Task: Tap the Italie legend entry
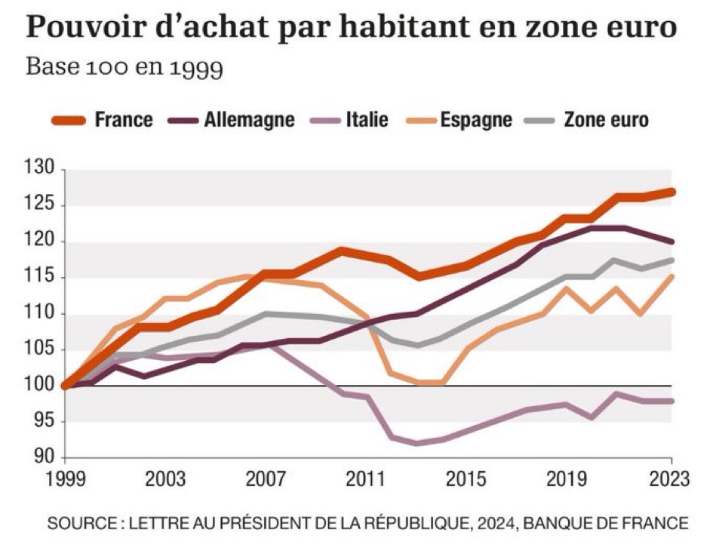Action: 367,120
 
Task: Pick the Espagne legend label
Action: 477,120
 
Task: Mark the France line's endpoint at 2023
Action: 672,192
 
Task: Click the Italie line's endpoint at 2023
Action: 672,401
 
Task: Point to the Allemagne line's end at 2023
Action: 672,242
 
